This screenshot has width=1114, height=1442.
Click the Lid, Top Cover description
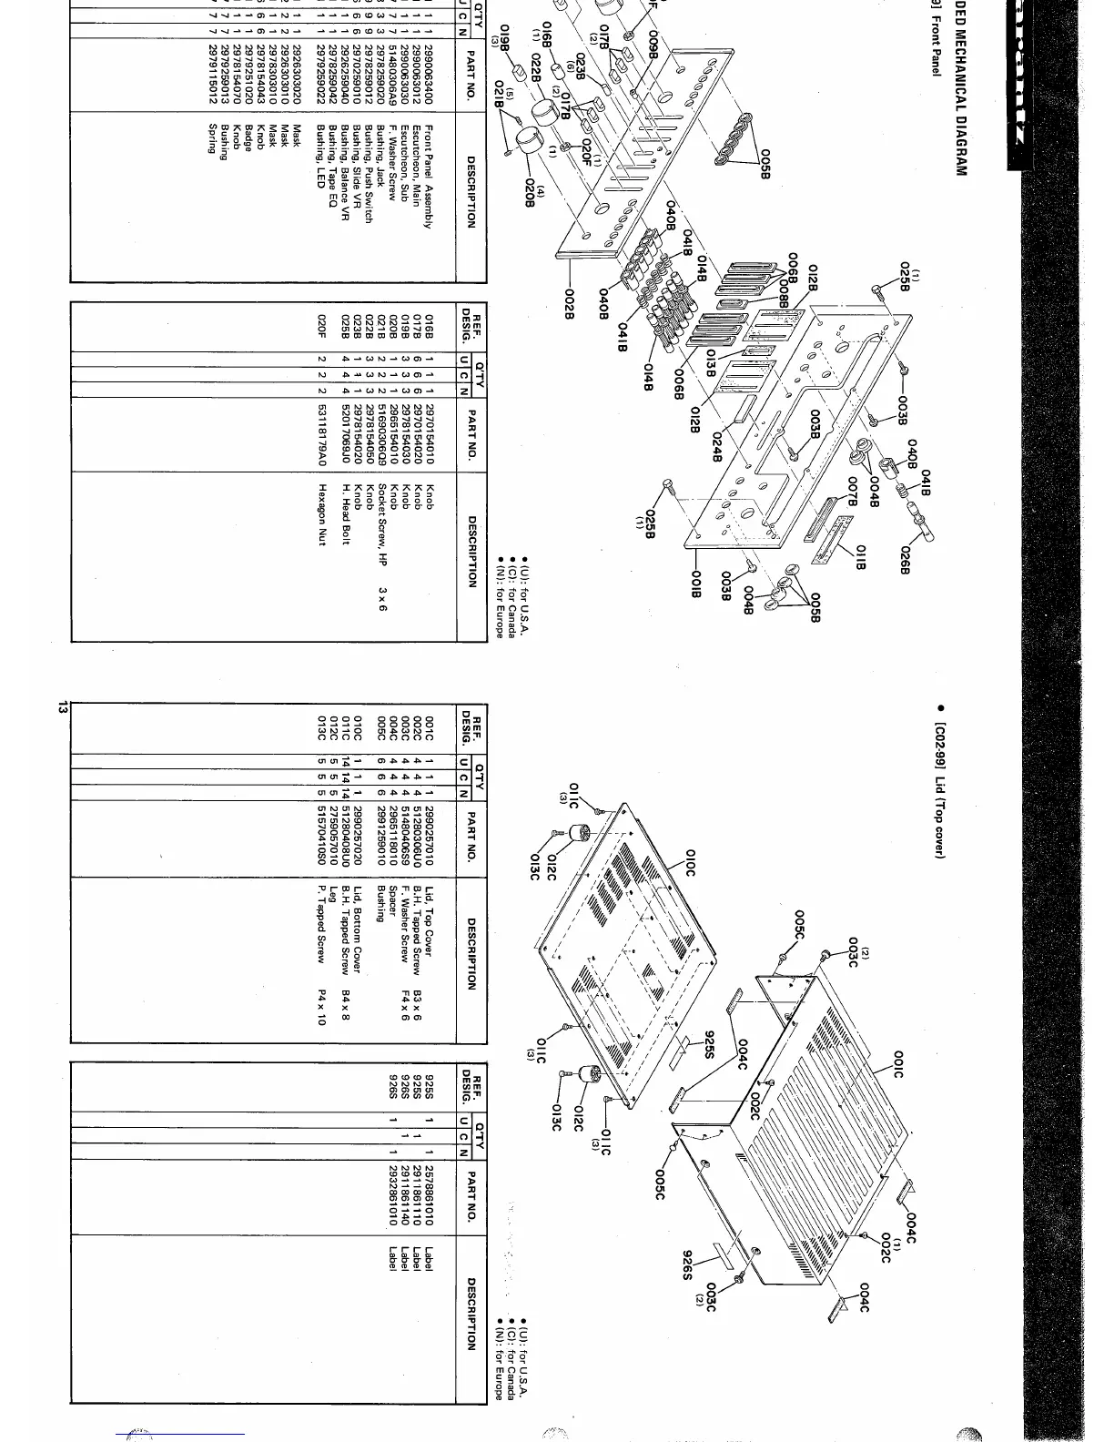(429, 926)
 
